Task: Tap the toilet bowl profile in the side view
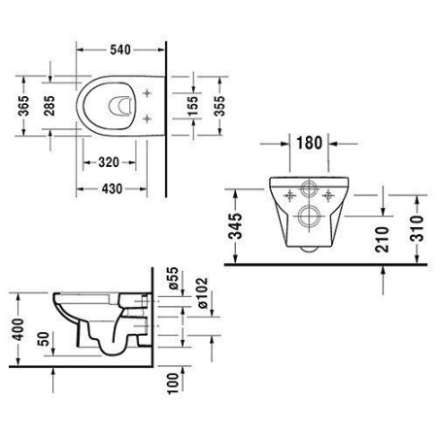tap(92, 320)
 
